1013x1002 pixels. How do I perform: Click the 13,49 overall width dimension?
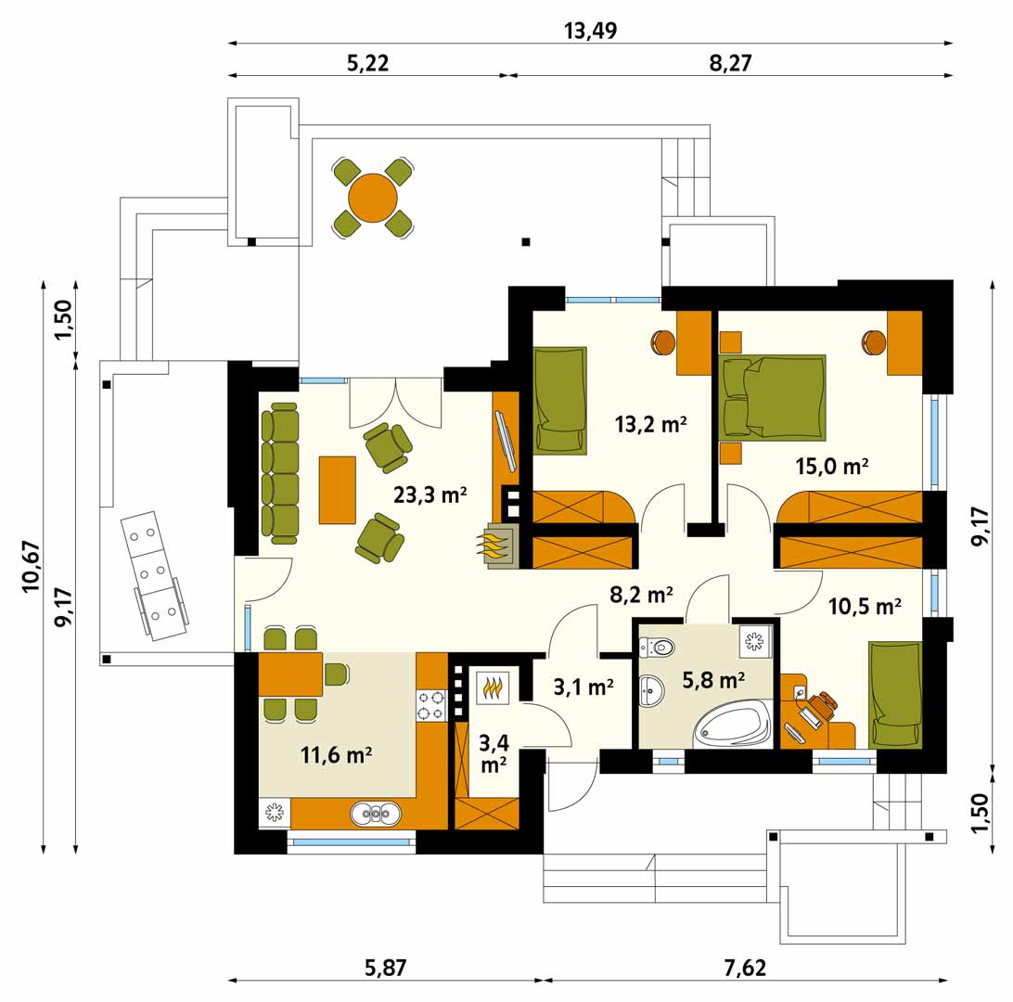coord(591,31)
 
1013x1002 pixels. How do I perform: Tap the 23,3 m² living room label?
coord(430,495)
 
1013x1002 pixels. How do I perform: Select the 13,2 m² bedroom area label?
coord(650,424)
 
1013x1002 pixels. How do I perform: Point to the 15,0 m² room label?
coord(831,466)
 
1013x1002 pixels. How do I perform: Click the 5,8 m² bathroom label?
coord(714,680)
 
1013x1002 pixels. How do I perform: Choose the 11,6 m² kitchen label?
coord(336,754)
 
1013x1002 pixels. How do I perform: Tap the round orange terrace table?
coord(373,198)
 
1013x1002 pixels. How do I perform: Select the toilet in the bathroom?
coord(657,646)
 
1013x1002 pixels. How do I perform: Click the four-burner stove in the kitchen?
coord(431,705)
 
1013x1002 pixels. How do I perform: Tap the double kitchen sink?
coord(376,814)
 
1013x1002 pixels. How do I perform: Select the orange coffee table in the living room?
coord(338,490)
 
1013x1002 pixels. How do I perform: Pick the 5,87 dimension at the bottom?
coord(386,968)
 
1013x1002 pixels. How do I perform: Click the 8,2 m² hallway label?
coord(642,594)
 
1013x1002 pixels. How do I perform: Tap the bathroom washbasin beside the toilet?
coord(651,690)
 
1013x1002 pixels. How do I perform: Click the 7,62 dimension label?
coord(745,968)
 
